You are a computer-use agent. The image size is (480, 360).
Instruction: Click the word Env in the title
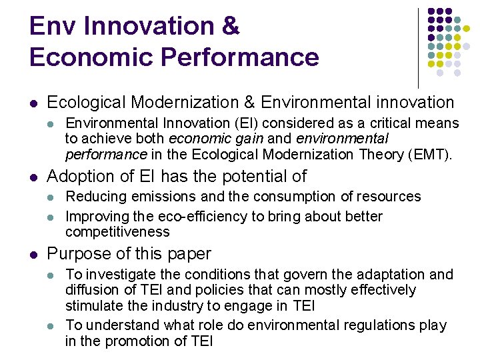click(53, 27)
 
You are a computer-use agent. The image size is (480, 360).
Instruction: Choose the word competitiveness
click(117, 232)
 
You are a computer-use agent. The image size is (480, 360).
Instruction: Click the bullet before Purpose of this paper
click(33, 255)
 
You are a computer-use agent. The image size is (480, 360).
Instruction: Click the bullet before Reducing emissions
click(51, 197)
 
